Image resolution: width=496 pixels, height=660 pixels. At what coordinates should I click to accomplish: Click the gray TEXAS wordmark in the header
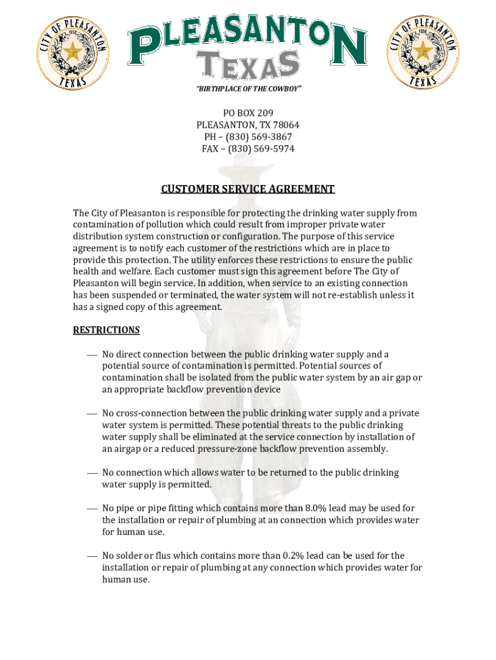pyautogui.click(x=248, y=65)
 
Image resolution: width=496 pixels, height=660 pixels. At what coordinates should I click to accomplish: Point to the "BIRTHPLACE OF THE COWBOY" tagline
pyautogui.click(x=248, y=88)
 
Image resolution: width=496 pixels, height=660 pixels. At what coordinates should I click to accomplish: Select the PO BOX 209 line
pyautogui.click(x=248, y=113)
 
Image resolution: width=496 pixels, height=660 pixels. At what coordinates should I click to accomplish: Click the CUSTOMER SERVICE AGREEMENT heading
pyautogui.click(x=248, y=189)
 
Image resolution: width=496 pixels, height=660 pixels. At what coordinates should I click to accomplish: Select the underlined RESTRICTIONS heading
pyautogui.click(x=106, y=330)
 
